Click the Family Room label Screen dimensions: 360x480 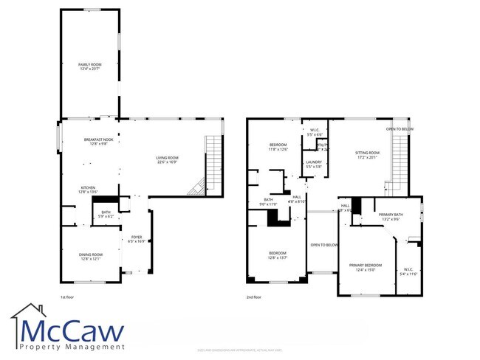[x=90, y=67]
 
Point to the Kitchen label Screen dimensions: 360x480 [x=89, y=190]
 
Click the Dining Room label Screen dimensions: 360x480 [x=95, y=257]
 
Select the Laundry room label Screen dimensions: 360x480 [x=314, y=165]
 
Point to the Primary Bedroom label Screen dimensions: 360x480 [x=365, y=267]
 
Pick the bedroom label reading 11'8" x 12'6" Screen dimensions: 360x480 [x=278, y=147]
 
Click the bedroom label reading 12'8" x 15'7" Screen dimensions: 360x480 [x=278, y=256]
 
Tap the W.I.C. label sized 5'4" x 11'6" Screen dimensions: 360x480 [x=408, y=271]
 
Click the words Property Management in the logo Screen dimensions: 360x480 [x=72, y=347]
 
